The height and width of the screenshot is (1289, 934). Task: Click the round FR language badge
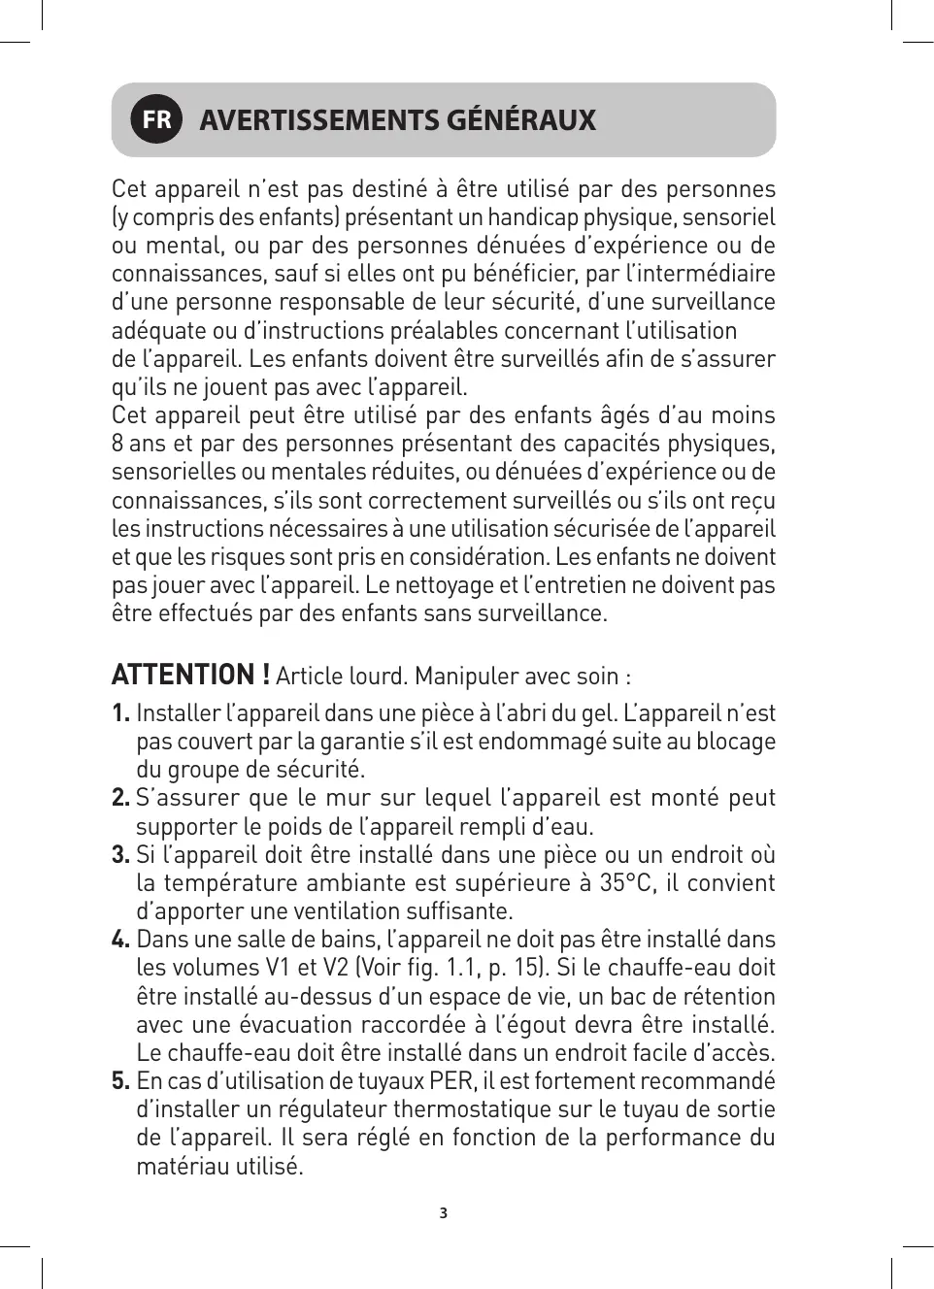(x=156, y=119)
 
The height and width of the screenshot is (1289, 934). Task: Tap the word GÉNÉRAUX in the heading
(x=520, y=120)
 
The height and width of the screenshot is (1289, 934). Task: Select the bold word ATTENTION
(x=183, y=675)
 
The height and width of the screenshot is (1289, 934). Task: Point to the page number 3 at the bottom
(x=444, y=1213)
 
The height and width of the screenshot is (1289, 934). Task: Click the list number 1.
(x=120, y=713)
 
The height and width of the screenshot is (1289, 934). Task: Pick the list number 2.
(x=120, y=798)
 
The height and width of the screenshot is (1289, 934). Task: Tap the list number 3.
(x=120, y=855)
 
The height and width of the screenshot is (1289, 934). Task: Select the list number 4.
(x=120, y=940)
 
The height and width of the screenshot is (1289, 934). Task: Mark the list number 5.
(x=120, y=1081)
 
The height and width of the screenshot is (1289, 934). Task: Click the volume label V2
(x=335, y=968)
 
